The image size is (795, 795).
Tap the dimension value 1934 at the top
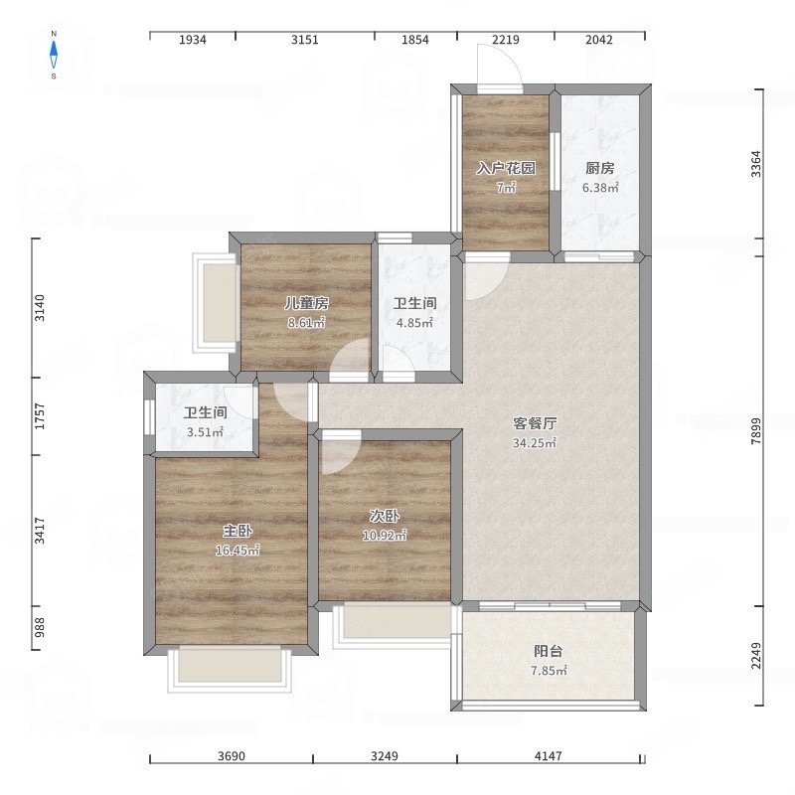(193, 40)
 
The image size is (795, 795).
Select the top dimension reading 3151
(305, 40)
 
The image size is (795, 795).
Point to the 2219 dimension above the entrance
(506, 40)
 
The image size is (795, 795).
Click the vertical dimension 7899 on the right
(756, 431)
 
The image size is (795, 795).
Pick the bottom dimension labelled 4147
(549, 756)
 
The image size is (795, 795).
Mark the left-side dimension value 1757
(40, 416)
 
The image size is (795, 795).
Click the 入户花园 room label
(506, 168)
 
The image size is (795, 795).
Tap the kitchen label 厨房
(600, 168)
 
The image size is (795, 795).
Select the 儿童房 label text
(306, 303)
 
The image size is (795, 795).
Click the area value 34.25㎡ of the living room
(535, 443)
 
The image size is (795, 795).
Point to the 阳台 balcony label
(549, 651)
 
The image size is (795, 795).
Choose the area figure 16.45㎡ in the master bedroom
(238, 551)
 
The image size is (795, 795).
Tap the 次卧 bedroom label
(385, 516)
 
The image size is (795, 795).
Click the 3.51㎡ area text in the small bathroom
(205, 432)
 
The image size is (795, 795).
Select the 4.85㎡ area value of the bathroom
(414, 323)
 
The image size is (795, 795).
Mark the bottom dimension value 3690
(232, 756)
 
